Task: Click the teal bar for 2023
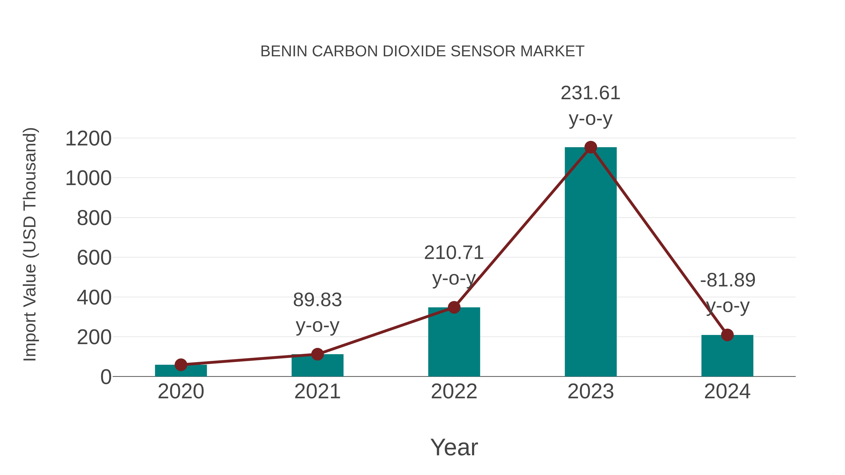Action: click(x=591, y=262)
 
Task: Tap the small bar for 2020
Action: click(x=181, y=371)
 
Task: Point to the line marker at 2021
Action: click(x=317, y=354)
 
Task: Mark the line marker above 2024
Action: click(x=727, y=335)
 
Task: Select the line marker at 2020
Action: click(x=181, y=365)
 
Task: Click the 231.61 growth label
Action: click(x=591, y=93)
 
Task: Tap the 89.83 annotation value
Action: click(x=317, y=300)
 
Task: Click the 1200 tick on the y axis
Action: click(x=88, y=139)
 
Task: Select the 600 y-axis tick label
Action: click(x=94, y=258)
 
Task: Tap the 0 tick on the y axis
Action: click(x=106, y=377)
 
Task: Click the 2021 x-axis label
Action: click(x=317, y=391)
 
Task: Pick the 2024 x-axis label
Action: click(x=727, y=391)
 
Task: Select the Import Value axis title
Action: click(x=30, y=244)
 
